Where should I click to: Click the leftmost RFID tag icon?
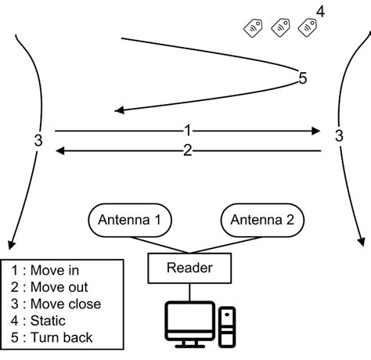point(254,29)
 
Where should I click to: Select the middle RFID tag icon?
point(281,28)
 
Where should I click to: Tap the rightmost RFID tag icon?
point(308,28)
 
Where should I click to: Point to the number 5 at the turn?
point(303,77)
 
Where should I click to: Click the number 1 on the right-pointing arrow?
point(186,130)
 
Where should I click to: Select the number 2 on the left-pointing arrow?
point(186,150)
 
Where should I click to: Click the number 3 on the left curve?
point(38,141)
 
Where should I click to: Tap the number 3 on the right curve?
point(338,135)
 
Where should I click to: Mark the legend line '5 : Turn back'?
point(52,338)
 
